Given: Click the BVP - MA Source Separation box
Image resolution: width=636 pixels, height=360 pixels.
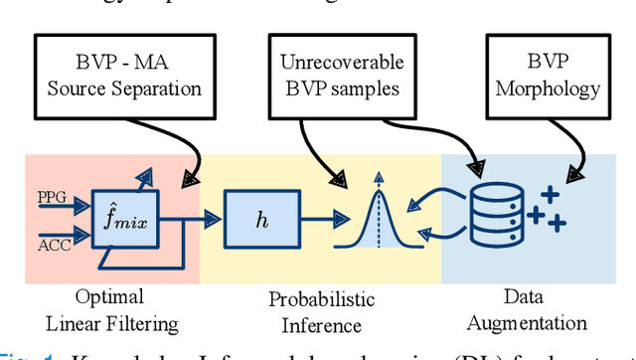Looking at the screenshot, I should coord(118,74).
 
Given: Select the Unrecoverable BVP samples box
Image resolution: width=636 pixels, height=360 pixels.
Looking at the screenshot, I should coord(341,74).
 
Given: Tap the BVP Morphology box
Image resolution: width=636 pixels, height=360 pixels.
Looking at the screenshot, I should coord(542,74).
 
